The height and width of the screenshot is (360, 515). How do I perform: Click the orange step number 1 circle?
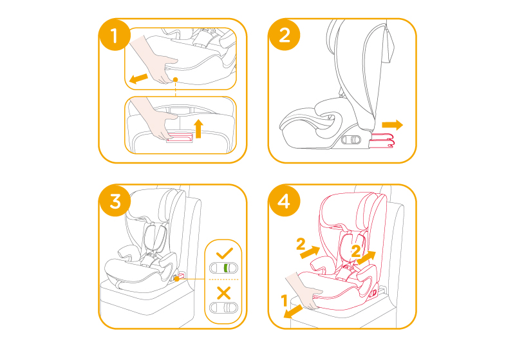tap(115, 35)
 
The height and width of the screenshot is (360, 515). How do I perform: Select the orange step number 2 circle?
tap(285, 35)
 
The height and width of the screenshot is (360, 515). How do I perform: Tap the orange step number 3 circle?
tap(115, 201)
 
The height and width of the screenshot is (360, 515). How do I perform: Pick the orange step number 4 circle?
tap(285, 201)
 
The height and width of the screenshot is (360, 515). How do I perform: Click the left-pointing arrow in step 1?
tap(138, 79)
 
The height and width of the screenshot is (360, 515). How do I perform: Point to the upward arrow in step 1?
tap(198, 128)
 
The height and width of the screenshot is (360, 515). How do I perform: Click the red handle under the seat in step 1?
tap(180, 137)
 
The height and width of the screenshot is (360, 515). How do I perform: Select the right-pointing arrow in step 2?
tap(393, 125)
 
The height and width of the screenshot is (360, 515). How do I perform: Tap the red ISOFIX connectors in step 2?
tap(381, 140)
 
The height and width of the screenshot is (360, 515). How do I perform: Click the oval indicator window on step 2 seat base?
tap(351, 140)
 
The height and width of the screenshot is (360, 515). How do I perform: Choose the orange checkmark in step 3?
tap(225, 253)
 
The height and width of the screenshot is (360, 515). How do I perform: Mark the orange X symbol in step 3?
tap(224, 292)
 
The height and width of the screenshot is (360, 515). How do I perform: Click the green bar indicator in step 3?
tap(226, 268)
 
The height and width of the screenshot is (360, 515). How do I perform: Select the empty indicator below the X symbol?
tap(223, 308)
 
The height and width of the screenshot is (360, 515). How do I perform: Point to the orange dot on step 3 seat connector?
tap(176, 279)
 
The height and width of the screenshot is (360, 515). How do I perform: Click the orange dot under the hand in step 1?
tap(175, 79)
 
